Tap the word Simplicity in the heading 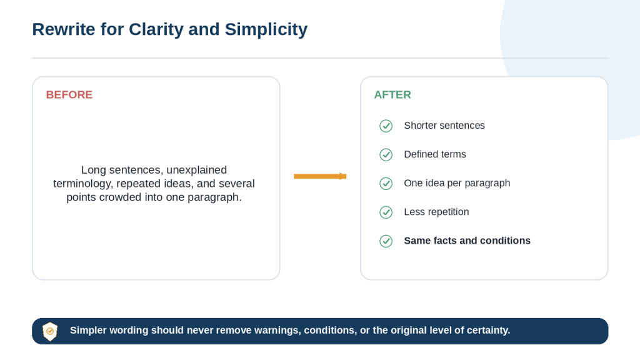tap(266, 30)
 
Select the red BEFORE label tap(69, 95)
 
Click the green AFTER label tap(392, 95)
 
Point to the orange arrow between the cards tap(320, 176)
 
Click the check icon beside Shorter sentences tap(386, 126)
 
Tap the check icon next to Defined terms tap(386, 155)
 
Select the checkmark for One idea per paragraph tap(386, 183)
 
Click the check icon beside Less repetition tap(386, 212)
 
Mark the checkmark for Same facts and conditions tap(386, 241)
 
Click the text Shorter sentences tap(444, 125)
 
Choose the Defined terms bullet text tap(435, 154)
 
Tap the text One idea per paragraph tap(457, 183)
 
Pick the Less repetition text tap(436, 212)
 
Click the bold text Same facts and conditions tap(467, 241)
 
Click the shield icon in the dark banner tap(50, 331)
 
